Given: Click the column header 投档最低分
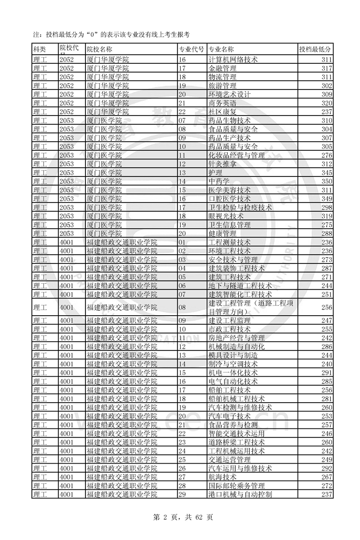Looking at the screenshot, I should (315, 49).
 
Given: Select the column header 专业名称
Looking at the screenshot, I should (221, 49).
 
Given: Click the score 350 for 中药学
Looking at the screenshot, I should (327, 181).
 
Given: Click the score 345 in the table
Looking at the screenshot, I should (327, 173).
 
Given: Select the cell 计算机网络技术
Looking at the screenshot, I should (232, 59).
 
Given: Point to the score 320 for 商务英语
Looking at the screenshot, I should (327, 103).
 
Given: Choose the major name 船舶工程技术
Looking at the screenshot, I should (229, 390).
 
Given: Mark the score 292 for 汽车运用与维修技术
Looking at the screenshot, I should (327, 468).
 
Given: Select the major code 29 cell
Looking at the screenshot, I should (183, 494).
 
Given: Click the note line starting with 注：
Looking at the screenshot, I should (111, 34).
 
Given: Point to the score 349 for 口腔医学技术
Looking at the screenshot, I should (327, 199).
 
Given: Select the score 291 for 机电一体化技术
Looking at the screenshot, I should (327, 372).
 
